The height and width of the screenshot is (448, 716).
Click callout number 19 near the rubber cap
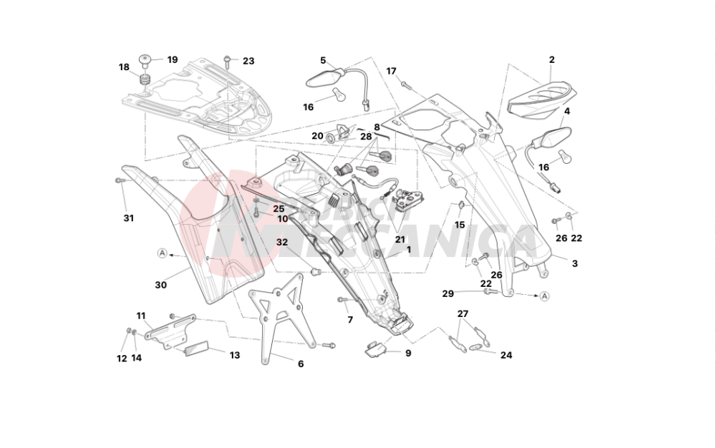tap(173, 59)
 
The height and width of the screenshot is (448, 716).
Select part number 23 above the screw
tap(248, 61)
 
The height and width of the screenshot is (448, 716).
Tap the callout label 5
tap(323, 60)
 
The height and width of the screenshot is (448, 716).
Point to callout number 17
tap(392, 71)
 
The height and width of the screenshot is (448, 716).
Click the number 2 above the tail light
tap(552, 60)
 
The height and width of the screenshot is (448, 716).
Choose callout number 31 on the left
tap(128, 218)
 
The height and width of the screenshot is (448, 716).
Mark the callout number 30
tap(160, 284)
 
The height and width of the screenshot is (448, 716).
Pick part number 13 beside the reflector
tap(235, 355)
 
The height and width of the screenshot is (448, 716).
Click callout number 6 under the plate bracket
tap(301, 364)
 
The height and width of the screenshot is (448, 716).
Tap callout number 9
tap(408, 353)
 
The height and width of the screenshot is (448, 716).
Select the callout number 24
tap(506, 355)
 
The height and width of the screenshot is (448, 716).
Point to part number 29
tap(448, 293)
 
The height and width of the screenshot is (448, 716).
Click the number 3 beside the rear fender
tap(574, 263)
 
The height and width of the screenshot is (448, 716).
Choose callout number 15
tap(460, 225)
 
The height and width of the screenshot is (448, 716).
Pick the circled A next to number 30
tap(163, 253)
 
